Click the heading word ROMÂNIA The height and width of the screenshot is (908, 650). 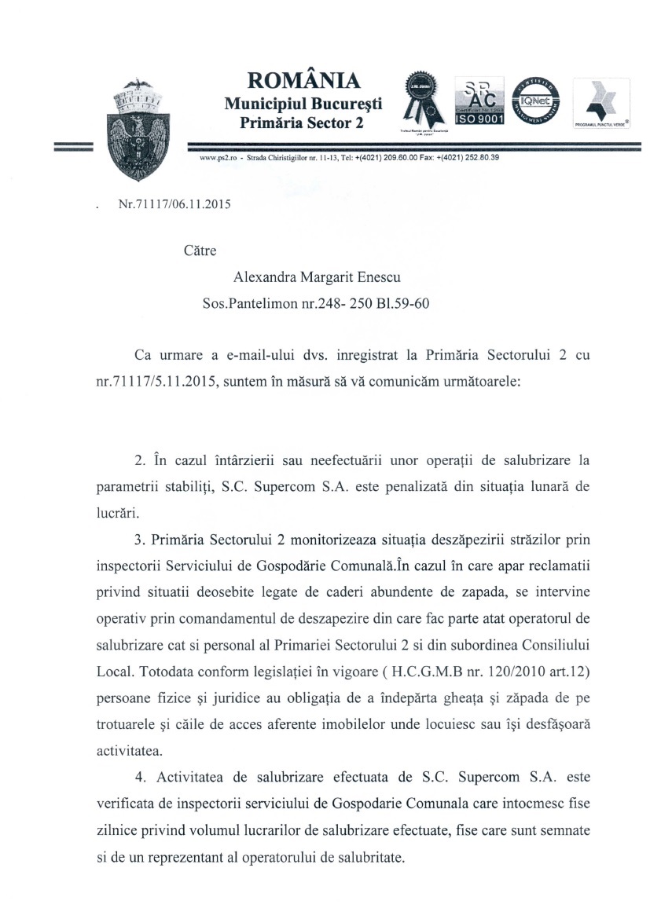click(x=303, y=81)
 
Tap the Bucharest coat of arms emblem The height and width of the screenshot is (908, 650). click(x=138, y=128)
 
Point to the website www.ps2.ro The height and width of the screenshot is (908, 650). click(x=216, y=158)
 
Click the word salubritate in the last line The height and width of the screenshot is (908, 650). click(x=366, y=855)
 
